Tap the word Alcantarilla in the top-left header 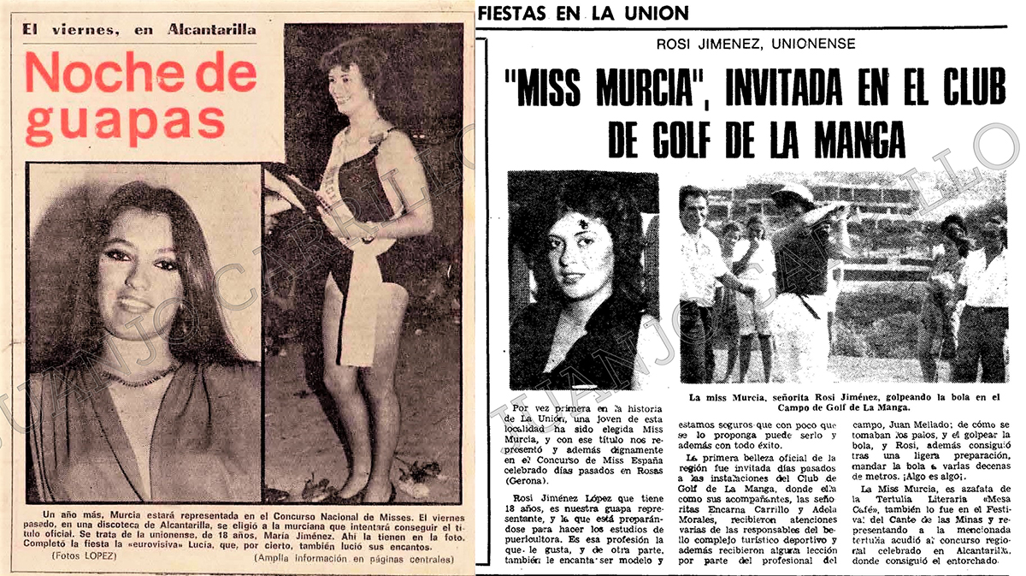coord(202,29)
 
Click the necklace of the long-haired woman coord(141,377)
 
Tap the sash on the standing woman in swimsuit coord(355,257)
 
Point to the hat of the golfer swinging coord(792,193)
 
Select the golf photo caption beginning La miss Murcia coord(842,402)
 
